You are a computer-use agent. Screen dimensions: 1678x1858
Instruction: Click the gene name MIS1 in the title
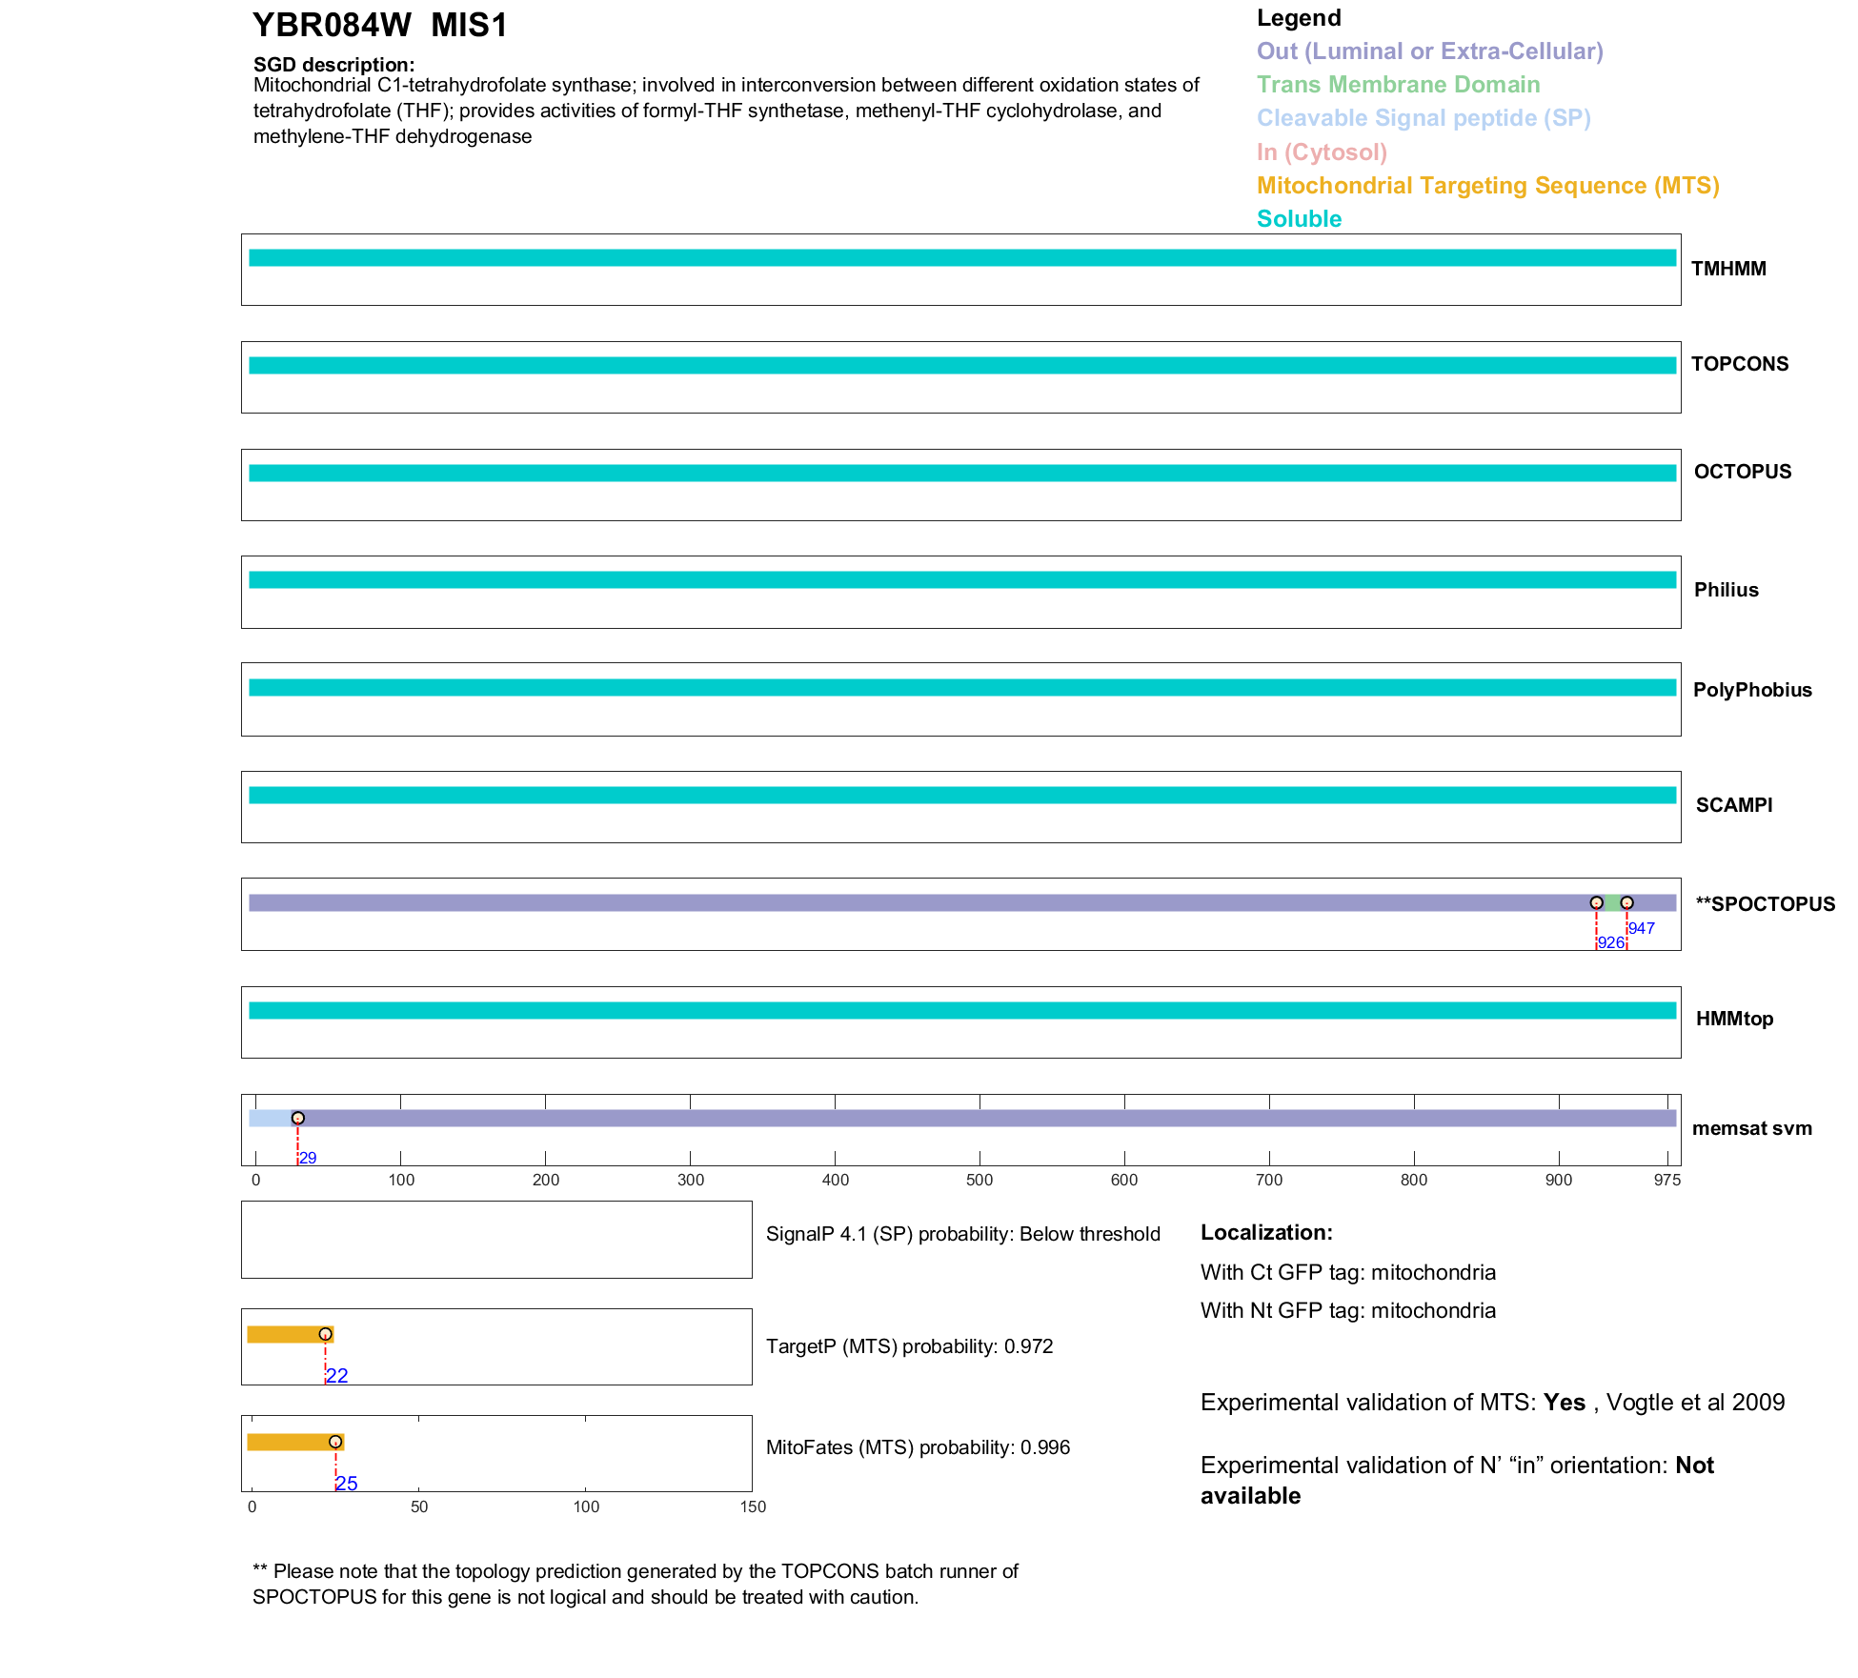point(469,26)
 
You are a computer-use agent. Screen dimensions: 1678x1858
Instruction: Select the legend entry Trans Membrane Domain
point(1398,85)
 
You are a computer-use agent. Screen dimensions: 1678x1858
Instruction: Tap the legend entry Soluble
point(1299,219)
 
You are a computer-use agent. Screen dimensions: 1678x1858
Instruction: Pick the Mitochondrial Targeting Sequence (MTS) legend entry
point(1487,186)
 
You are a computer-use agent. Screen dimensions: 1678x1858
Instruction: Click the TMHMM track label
point(1728,269)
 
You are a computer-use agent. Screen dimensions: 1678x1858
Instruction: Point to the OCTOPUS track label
point(1742,472)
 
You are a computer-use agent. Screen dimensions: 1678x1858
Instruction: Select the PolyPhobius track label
point(1751,690)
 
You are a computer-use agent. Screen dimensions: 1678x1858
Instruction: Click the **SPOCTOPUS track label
point(1765,904)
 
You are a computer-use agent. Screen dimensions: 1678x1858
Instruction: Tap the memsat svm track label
point(1751,1128)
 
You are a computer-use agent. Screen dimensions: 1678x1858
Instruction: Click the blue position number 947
point(1641,928)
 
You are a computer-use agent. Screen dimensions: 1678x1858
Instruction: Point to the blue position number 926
point(1610,942)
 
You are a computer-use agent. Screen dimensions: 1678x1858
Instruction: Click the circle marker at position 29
point(298,1118)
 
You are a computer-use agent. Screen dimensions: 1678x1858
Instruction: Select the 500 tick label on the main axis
point(979,1180)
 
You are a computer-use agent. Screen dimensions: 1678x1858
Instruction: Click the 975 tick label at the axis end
point(1667,1180)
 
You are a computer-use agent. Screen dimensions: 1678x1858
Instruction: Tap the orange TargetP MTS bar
point(284,1334)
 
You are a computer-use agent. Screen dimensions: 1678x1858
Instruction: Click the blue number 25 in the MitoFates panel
point(347,1484)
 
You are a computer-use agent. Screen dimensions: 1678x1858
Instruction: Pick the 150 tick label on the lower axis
point(753,1506)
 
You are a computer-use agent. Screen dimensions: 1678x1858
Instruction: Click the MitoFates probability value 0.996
point(1045,1447)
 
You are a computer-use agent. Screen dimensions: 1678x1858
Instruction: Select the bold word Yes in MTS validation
point(1564,1403)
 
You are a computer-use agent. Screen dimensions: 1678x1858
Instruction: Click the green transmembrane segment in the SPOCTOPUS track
point(1612,902)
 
